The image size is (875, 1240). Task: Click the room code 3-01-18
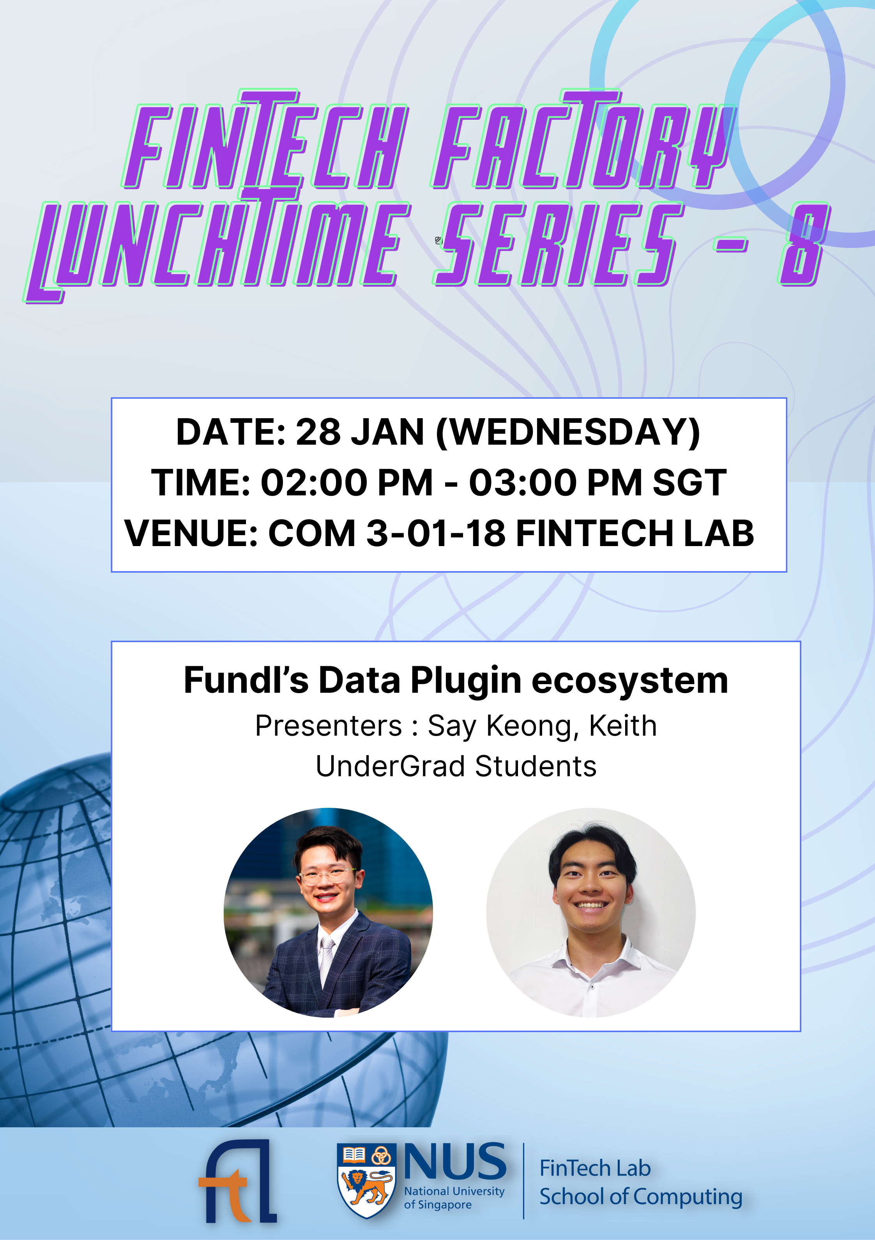click(436, 533)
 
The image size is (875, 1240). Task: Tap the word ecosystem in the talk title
click(630, 681)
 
